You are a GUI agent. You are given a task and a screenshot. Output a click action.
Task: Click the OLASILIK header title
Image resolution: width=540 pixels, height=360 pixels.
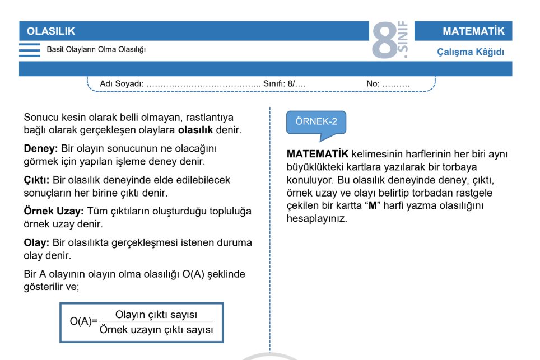51,31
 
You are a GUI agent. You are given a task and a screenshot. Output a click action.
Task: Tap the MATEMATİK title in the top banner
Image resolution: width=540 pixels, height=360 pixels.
473,31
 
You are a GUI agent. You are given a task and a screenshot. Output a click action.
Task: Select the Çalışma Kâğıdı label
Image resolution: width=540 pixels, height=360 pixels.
471,52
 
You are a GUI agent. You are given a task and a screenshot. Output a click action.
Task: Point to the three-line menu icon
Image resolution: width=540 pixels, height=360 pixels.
30,50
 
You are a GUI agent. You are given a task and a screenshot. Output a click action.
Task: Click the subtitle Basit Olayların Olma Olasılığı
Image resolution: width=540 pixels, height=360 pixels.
96,50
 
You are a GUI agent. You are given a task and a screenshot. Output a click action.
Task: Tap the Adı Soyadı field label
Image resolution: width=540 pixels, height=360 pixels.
122,83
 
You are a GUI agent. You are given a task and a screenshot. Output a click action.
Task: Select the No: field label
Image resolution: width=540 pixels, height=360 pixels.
373,83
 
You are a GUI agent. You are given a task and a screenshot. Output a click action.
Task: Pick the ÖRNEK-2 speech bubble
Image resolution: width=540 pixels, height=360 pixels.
316,122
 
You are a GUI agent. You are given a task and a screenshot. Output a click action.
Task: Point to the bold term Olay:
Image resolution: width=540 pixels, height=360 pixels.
36,243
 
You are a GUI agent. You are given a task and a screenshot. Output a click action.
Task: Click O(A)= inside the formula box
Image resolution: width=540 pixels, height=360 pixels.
83,322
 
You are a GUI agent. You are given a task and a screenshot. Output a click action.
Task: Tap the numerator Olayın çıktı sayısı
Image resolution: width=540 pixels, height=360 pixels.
156,315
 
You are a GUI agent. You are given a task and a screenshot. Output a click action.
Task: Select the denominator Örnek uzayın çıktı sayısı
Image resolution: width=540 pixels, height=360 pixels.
156,330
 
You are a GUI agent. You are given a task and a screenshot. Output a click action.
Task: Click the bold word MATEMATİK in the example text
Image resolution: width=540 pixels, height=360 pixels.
317,153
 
